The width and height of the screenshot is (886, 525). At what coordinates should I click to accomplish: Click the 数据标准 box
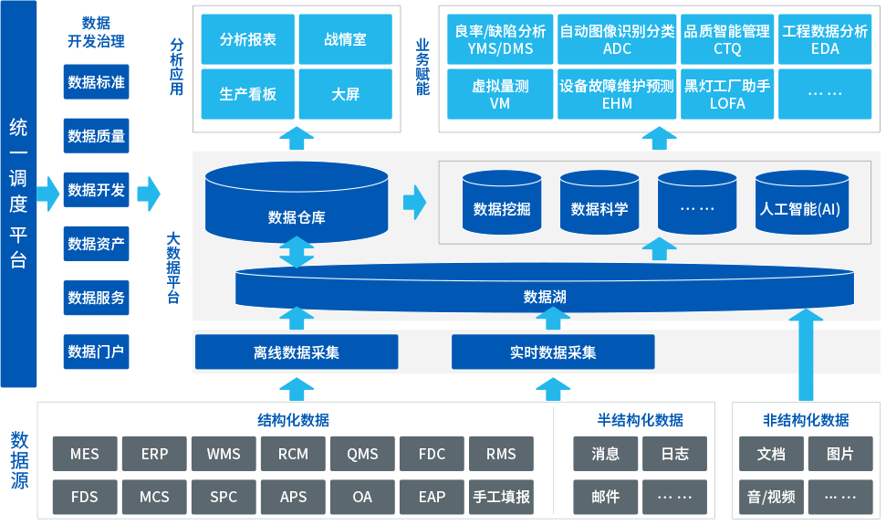point(96,83)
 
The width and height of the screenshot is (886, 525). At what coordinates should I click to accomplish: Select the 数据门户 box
point(96,352)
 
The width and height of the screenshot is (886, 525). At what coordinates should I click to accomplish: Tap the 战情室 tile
point(345,40)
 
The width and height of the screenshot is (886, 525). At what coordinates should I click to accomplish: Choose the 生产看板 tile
point(248,94)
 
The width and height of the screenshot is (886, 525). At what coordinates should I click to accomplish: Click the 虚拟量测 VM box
point(500,94)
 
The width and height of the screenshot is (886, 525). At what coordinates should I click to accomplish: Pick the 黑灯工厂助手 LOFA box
point(727,94)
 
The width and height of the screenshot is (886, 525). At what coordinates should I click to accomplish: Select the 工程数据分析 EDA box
point(825,40)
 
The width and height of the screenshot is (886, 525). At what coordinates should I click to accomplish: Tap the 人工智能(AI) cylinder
point(799,208)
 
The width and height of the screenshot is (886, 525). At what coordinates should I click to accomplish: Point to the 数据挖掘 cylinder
point(501,208)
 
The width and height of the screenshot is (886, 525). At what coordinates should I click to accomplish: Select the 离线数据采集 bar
point(297,352)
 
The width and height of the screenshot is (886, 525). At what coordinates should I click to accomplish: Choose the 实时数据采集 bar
point(553,352)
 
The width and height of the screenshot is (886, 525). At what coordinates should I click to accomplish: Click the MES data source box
point(84,454)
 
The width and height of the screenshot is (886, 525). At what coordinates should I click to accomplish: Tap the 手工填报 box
point(501,498)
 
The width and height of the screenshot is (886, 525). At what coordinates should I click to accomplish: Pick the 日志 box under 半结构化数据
point(674,454)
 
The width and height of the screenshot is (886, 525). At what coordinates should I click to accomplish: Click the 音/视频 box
point(771,498)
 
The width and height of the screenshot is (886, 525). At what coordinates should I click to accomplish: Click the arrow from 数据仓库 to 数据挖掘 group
point(415,203)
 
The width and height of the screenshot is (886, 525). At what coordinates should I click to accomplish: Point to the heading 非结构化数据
point(806,420)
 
